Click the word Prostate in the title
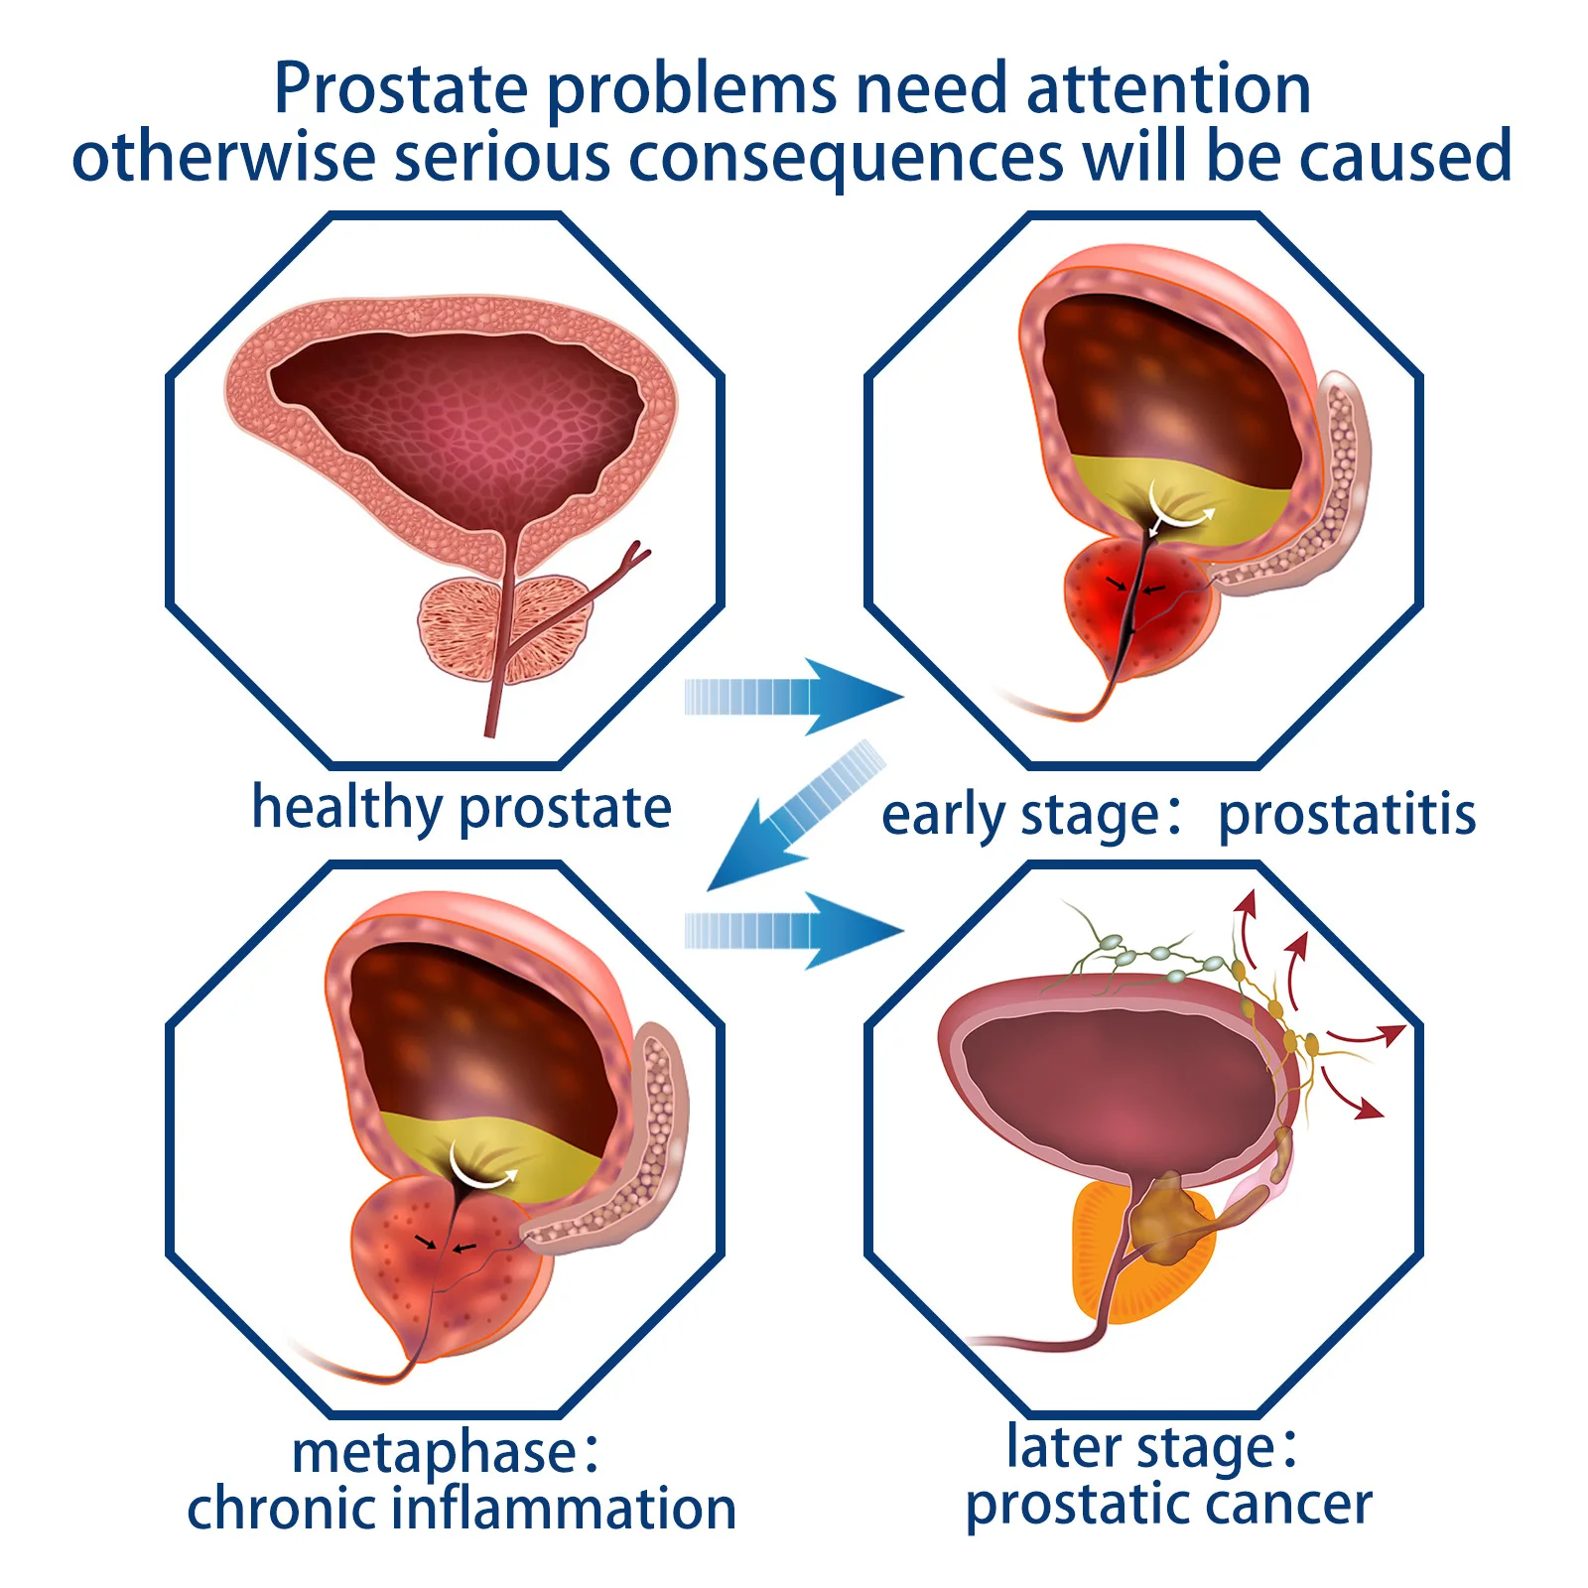400,89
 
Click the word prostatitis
1347,816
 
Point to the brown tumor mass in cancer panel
1171,1221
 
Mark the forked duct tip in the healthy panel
635,556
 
